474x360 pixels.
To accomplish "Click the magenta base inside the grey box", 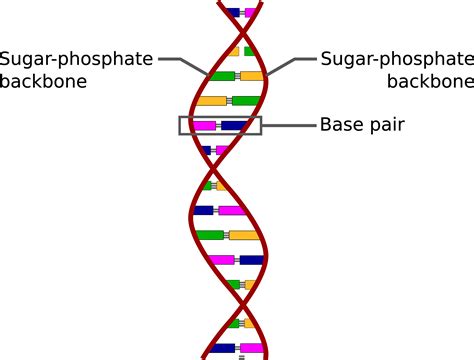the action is pos(205,126).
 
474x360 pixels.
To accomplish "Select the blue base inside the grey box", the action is pos(234,126).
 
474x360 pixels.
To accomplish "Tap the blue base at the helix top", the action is pos(233,13).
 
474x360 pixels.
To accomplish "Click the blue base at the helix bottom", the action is pos(222,349).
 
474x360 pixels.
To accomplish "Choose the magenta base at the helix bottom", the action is pos(251,349).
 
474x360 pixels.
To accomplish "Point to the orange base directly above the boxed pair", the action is pos(211,100).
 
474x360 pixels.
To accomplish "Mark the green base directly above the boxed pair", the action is pos(245,100).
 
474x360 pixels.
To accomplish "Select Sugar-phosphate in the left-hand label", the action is pos(77,60).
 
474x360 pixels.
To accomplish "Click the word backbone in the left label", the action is pos(44,82).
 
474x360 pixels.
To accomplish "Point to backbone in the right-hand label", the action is pos(430,82).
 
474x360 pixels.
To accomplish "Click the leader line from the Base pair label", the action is pos(287,126).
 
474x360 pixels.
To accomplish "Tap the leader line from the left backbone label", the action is pos(185,62).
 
